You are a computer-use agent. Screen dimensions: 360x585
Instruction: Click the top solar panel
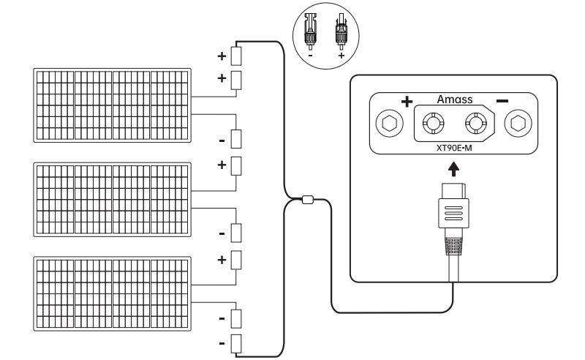[x=113, y=104]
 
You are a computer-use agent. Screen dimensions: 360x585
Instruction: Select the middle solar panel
[x=113, y=198]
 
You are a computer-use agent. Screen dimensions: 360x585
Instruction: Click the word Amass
[x=455, y=99]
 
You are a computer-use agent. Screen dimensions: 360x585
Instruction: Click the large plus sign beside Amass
[x=407, y=100]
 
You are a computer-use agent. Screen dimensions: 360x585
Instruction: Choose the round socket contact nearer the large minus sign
[x=476, y=124]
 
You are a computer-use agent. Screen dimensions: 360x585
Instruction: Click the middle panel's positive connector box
[x=236, y=165]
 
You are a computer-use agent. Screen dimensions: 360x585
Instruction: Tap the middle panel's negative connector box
[x=236, y=233]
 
